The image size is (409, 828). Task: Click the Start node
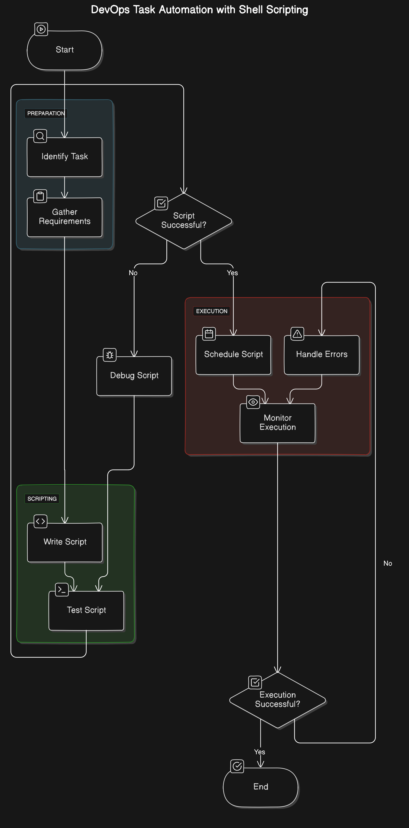(65, 50)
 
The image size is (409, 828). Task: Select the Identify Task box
(65, 157)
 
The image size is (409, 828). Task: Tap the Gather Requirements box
(65, 217)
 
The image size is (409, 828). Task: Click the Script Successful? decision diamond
(184, 221)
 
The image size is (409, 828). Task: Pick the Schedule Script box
(234, 354)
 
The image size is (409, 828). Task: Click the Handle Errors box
(321, 354)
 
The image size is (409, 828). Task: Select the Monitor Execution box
(277, 423)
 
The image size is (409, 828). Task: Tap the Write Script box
(65, 542)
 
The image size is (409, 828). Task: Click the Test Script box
(86, 610)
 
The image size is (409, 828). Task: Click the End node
(260, 787)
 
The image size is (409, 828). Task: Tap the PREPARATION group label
(46, 113)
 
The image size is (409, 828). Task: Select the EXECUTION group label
(211, 311)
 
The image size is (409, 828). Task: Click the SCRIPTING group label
(42, 499)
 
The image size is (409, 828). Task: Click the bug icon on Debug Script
(110, 355)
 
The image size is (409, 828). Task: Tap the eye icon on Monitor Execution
(253, 402)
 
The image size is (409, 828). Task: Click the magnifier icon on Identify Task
(40, 136)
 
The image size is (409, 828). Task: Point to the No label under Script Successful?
(133, 273)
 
